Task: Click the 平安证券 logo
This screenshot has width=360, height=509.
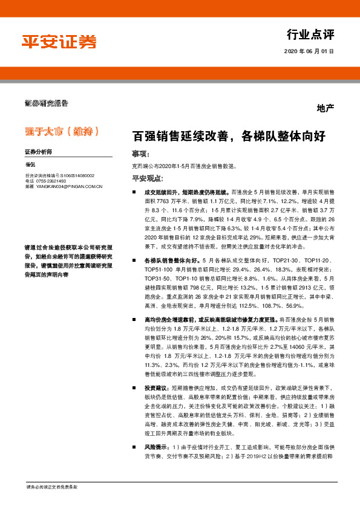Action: pos(59,42)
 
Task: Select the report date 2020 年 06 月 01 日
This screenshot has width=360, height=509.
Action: pos(309,52)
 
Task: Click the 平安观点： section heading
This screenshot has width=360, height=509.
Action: pos(148,178)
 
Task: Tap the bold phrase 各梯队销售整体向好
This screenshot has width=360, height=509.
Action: pos(166,259)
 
